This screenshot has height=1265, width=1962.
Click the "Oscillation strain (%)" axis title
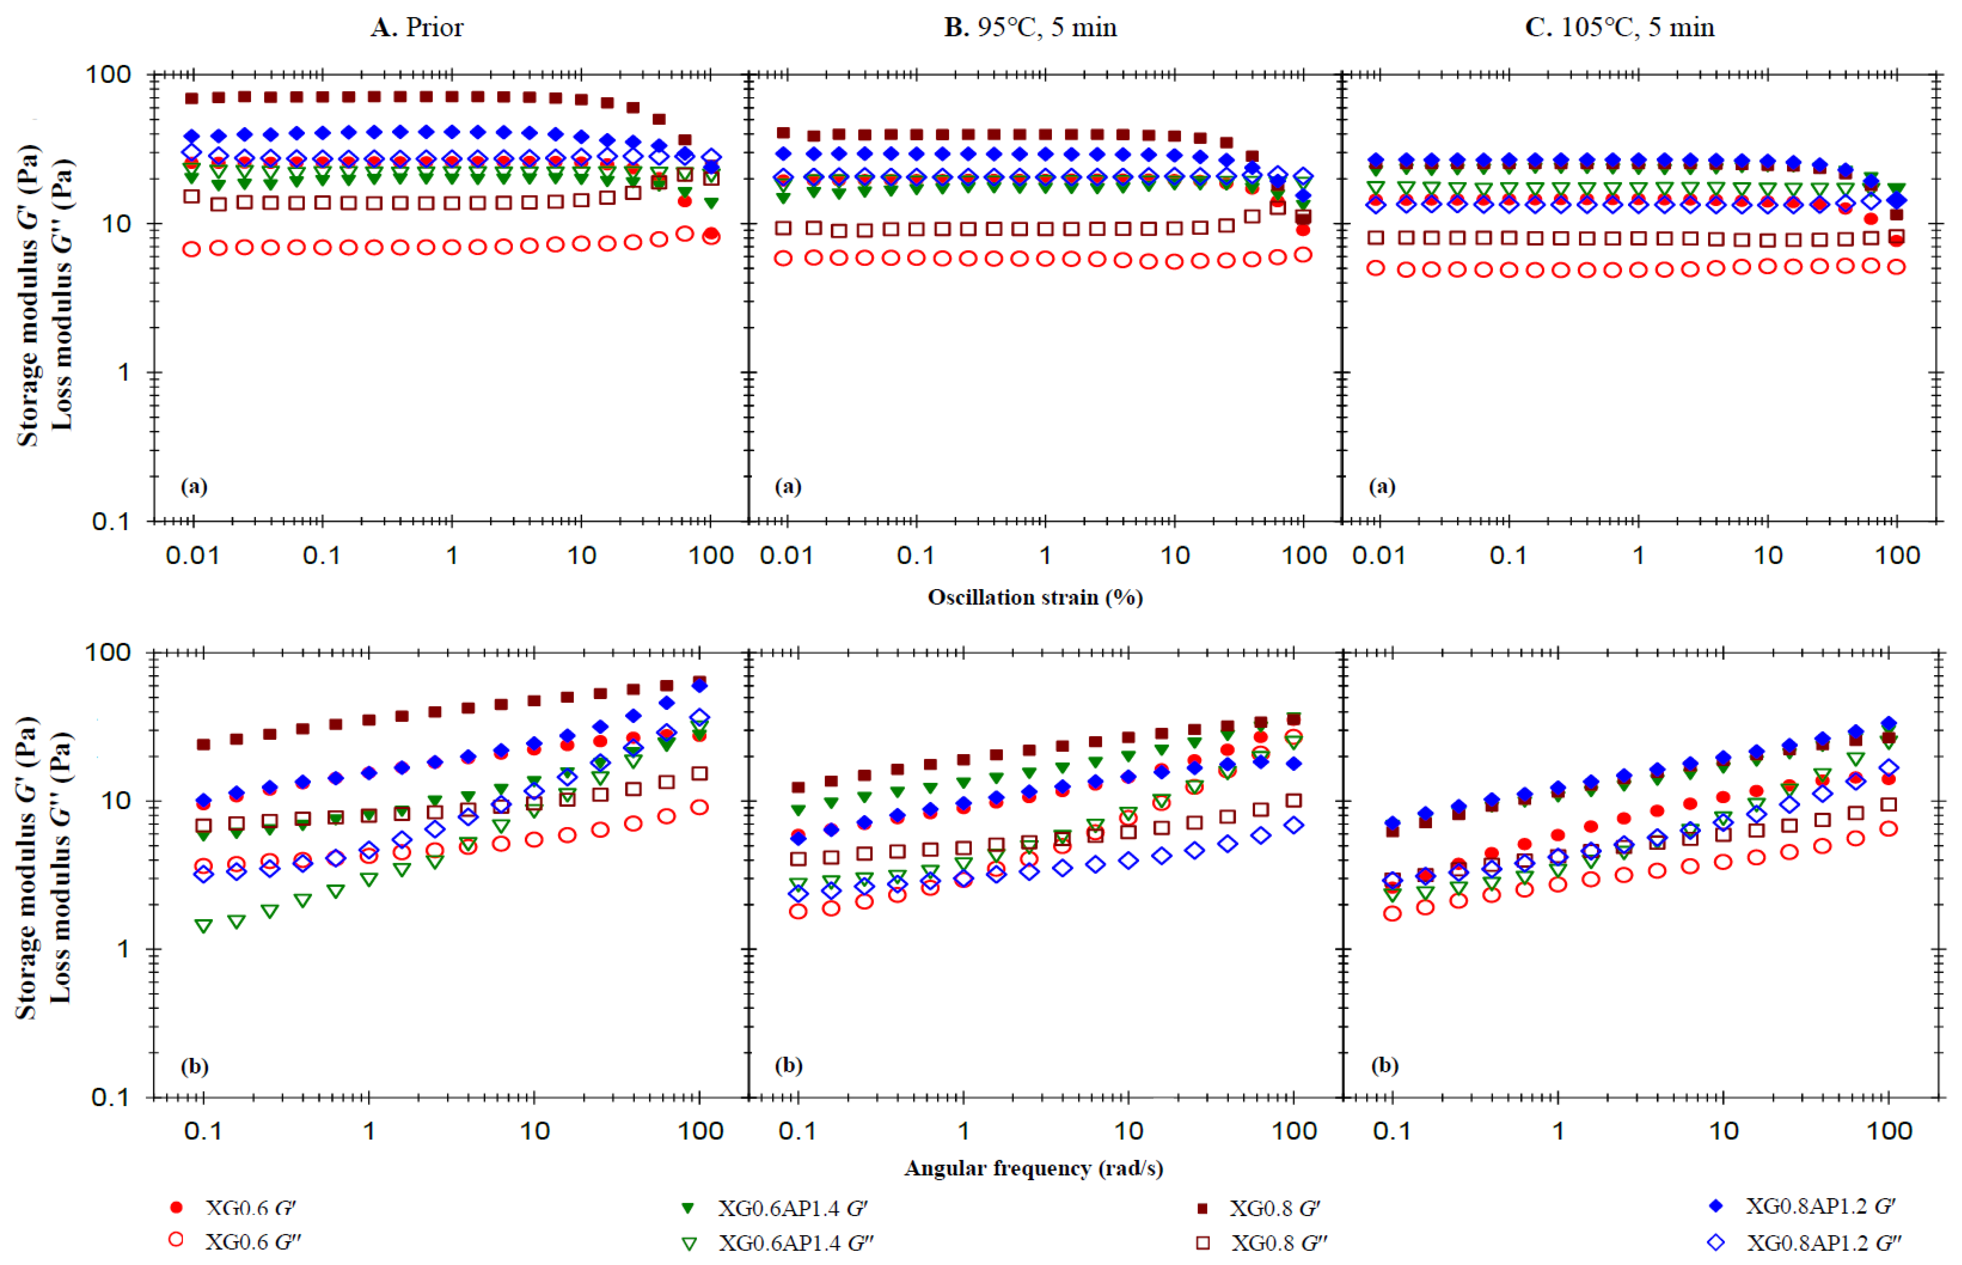click(1035, 597)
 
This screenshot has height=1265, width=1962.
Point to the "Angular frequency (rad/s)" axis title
click(1033, 1168)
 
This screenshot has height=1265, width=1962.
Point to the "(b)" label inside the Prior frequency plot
click(195, 1066)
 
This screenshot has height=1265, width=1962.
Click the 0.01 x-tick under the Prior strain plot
click(192, 556)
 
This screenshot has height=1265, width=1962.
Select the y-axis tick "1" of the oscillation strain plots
click(123, 373)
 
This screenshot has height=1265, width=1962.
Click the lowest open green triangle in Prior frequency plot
click(204, 926)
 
